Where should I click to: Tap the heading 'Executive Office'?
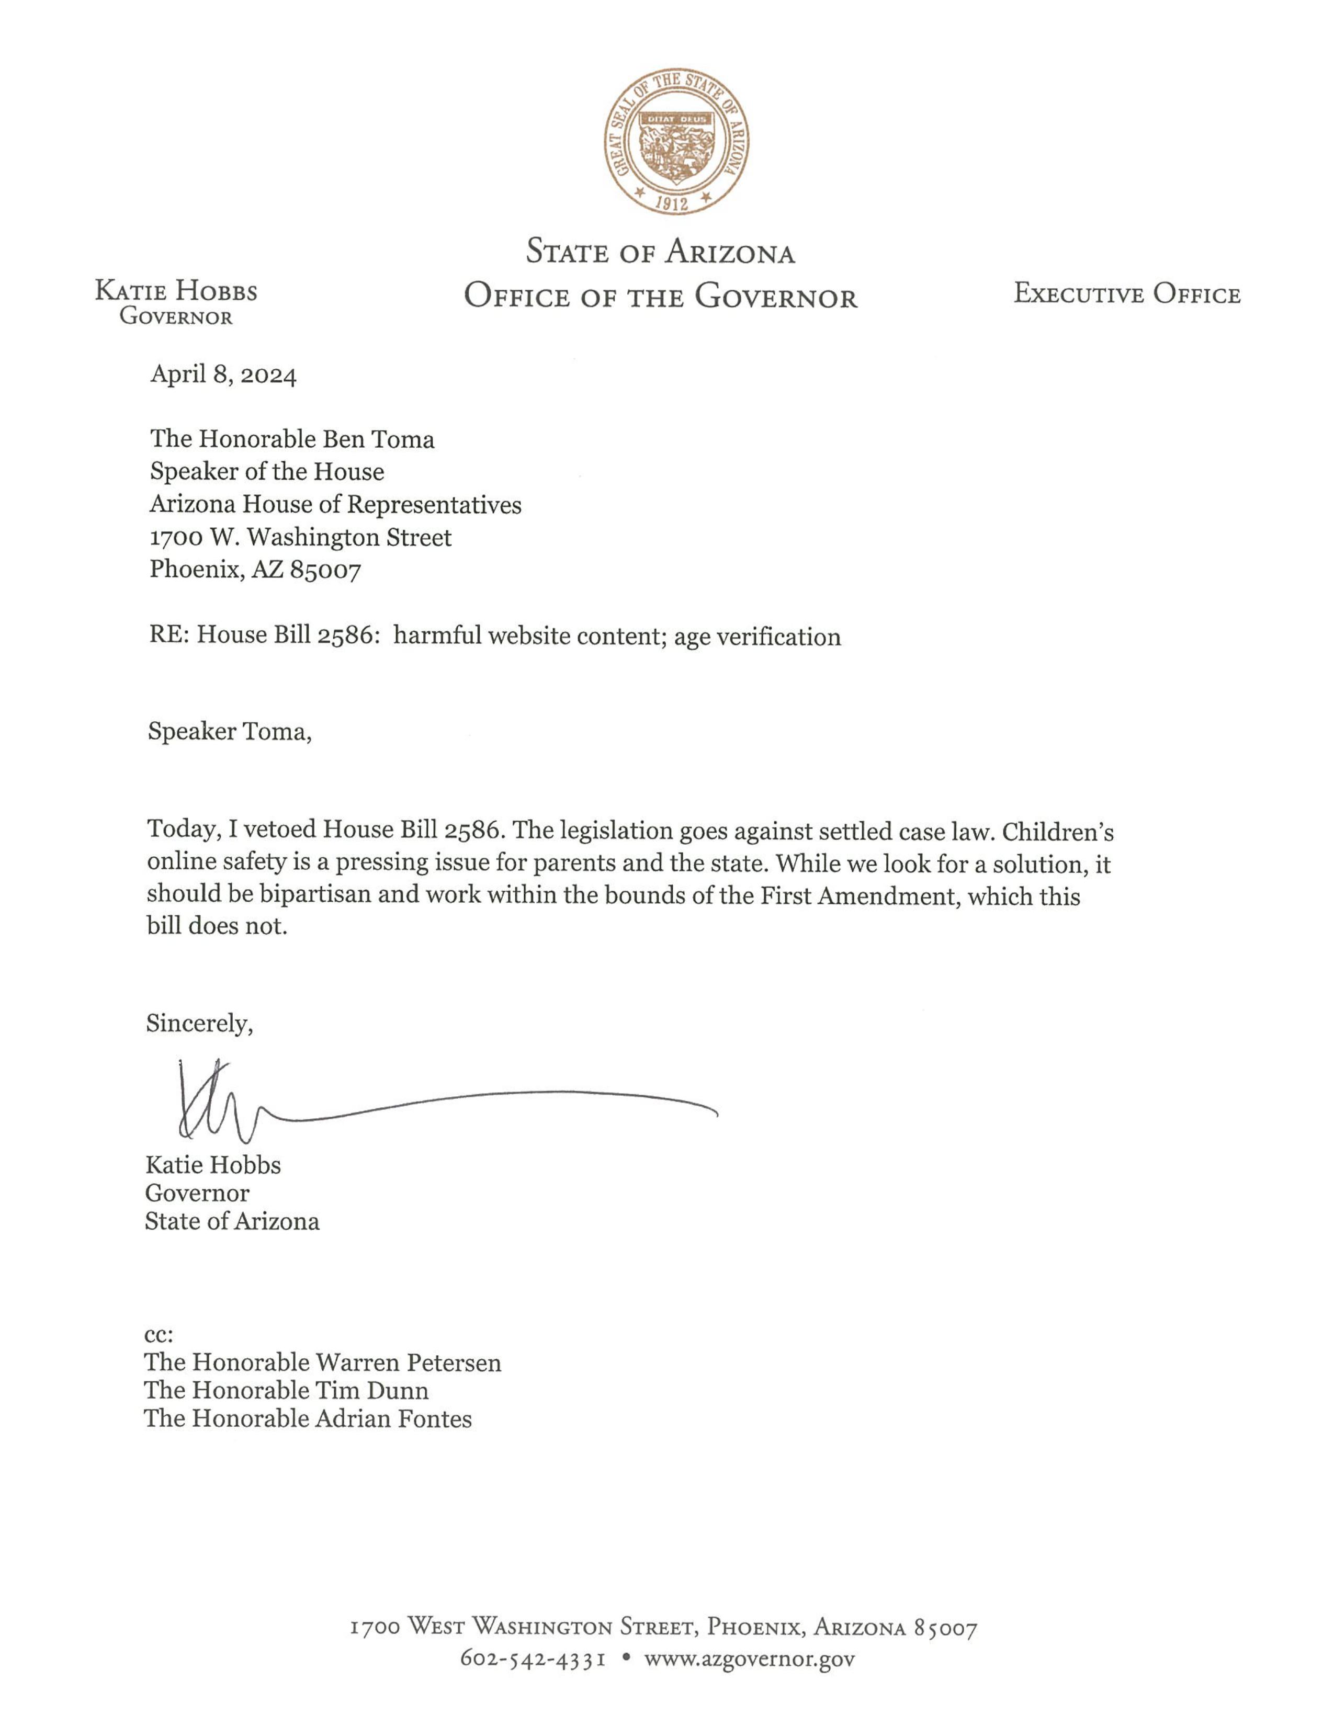click(1127, 295)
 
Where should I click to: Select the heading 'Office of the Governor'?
click(661, 297)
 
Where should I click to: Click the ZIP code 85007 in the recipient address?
click(325, 570)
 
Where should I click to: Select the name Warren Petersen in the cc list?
click(409, 1362)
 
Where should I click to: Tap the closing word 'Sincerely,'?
click(199, 1024)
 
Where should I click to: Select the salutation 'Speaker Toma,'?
click(229, 732)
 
